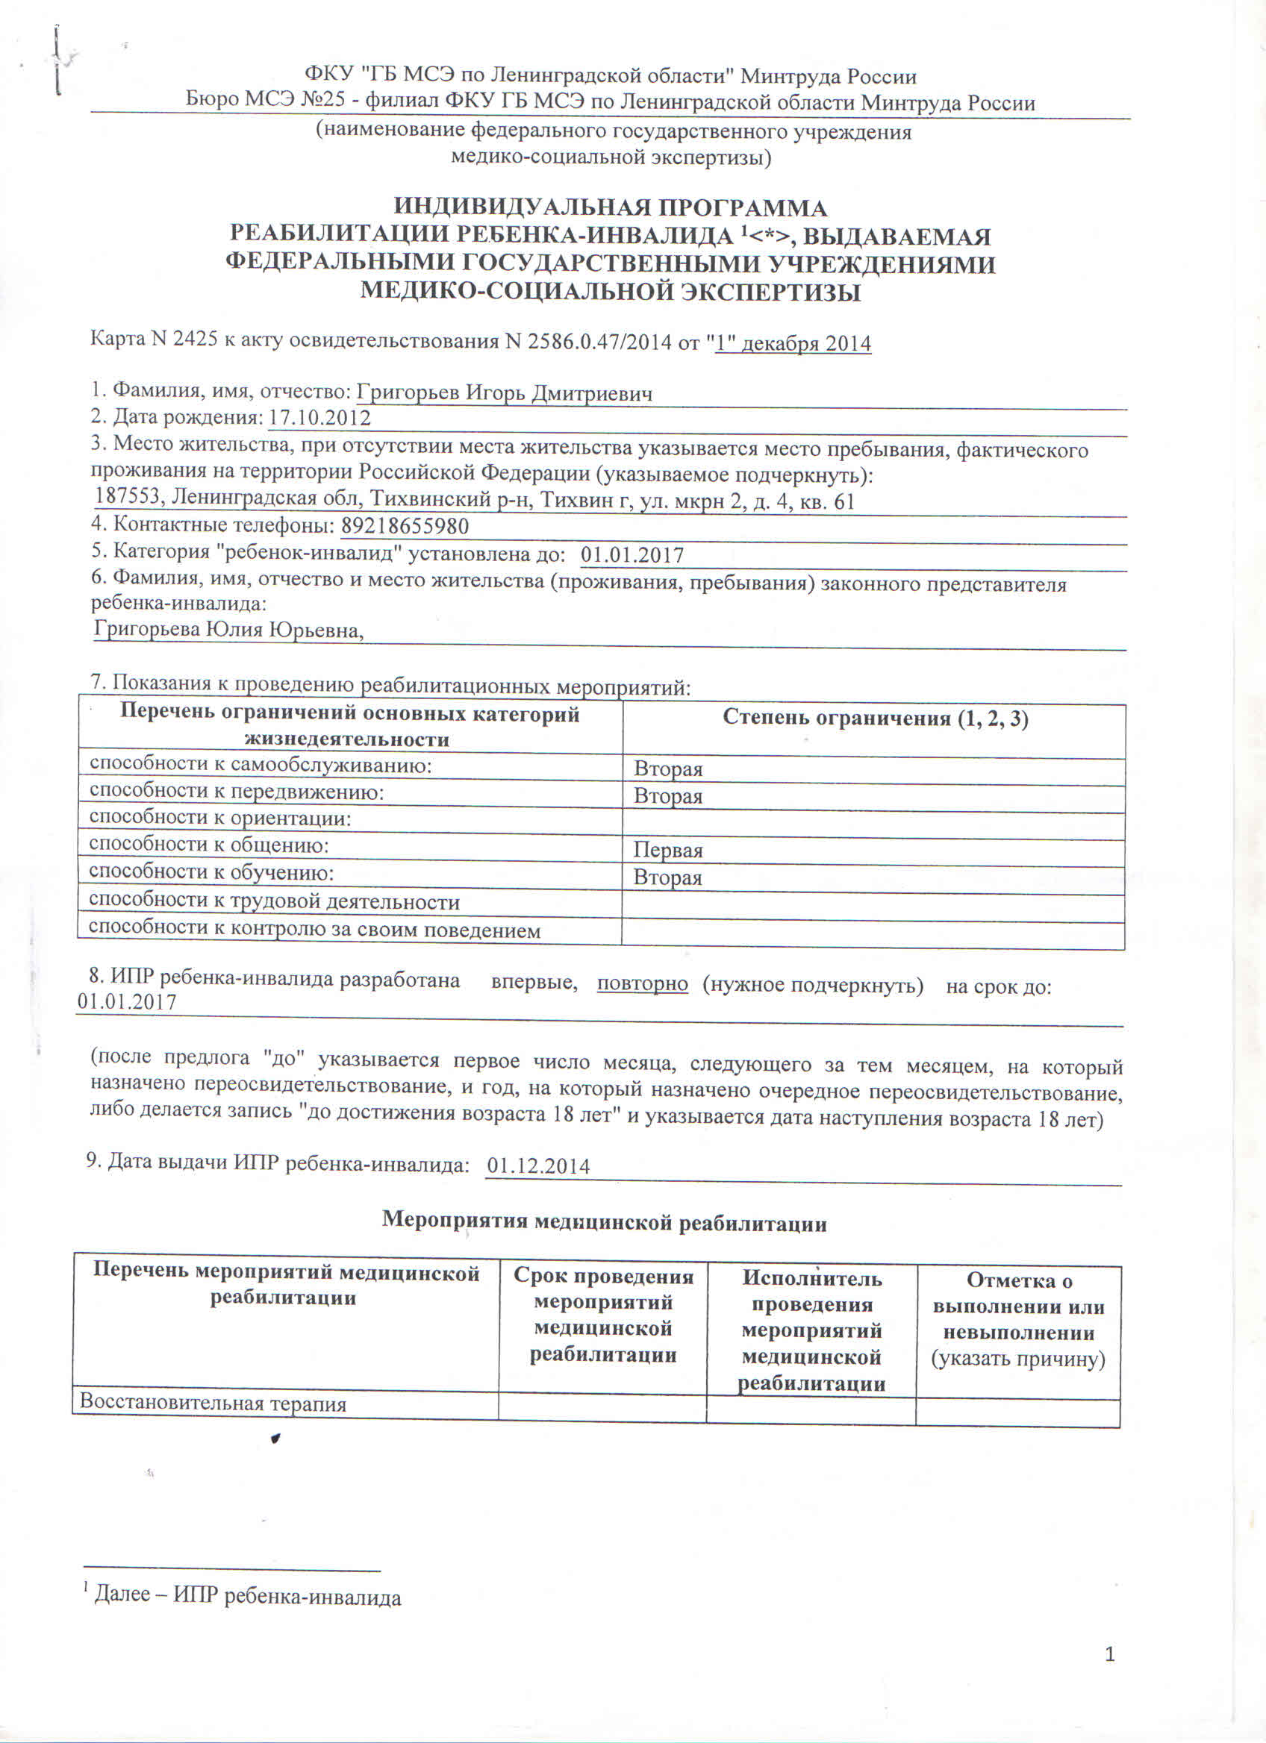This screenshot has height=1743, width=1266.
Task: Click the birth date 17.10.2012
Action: tap(319, 418)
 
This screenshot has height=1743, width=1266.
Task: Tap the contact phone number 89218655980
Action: tap(405, 526)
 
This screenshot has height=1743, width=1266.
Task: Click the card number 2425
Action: tap(196, 339)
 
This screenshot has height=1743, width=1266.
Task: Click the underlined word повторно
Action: tap(642, 983)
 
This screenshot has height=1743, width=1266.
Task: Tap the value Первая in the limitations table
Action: tap(667, 850)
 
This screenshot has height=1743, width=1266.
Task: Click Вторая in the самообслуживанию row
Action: tap(667, 769)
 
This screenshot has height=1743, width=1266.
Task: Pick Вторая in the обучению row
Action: tap(667, 877)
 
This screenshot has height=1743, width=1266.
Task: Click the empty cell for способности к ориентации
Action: tap(873, 824)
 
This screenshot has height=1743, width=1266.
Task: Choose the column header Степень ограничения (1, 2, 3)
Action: tap(875, 719)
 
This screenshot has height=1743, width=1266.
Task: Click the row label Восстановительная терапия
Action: tap(213, 1404)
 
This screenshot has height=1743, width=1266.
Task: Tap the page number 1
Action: tap(1109, 1655)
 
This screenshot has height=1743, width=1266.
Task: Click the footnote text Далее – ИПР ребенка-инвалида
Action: tap(247, 1596)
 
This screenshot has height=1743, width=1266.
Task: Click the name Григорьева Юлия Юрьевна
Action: tap(228, 630)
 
